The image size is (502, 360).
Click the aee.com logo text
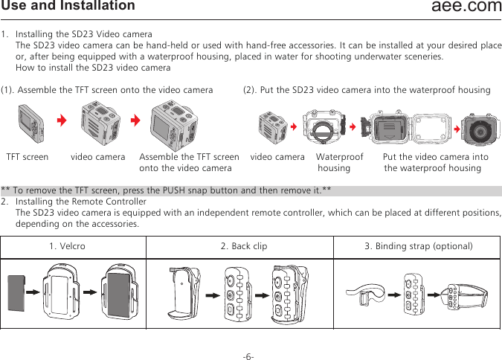click(466, 7)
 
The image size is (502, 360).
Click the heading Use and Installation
click(68, 7)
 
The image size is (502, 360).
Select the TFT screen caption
click(28, 157)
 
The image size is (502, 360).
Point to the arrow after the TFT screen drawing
click(62, 121)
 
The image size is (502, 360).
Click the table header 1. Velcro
click(67, 246)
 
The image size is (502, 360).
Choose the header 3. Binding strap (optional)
click(419, 246)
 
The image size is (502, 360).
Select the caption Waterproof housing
click(339, 162)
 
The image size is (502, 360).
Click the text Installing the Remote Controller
click(81, 202)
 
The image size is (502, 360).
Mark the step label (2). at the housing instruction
click(251, 90)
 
